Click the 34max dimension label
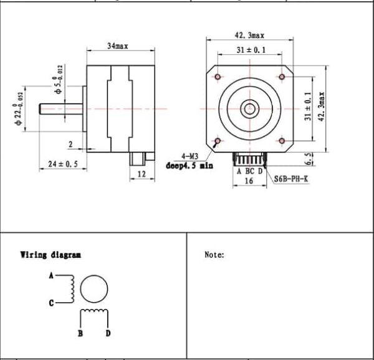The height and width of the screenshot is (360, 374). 118,46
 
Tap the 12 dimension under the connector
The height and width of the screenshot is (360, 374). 141,175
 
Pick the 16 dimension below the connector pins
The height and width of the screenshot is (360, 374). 249,181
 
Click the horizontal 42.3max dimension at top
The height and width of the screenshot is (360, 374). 249,36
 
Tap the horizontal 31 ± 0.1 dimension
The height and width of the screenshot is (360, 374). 250,50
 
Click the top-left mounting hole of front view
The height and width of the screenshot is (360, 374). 218,77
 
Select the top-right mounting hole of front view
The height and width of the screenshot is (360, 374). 282,77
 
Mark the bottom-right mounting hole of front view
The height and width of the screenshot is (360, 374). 282,141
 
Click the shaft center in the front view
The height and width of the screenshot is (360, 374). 249,108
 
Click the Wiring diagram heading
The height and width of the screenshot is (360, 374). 50,255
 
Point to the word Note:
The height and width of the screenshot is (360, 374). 214,255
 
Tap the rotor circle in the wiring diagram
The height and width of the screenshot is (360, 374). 94,288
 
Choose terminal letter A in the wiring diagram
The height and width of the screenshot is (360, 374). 51,275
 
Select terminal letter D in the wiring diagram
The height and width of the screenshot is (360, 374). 108,333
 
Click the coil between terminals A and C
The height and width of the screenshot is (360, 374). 74,288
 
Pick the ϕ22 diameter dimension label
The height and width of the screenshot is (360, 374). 19,110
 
